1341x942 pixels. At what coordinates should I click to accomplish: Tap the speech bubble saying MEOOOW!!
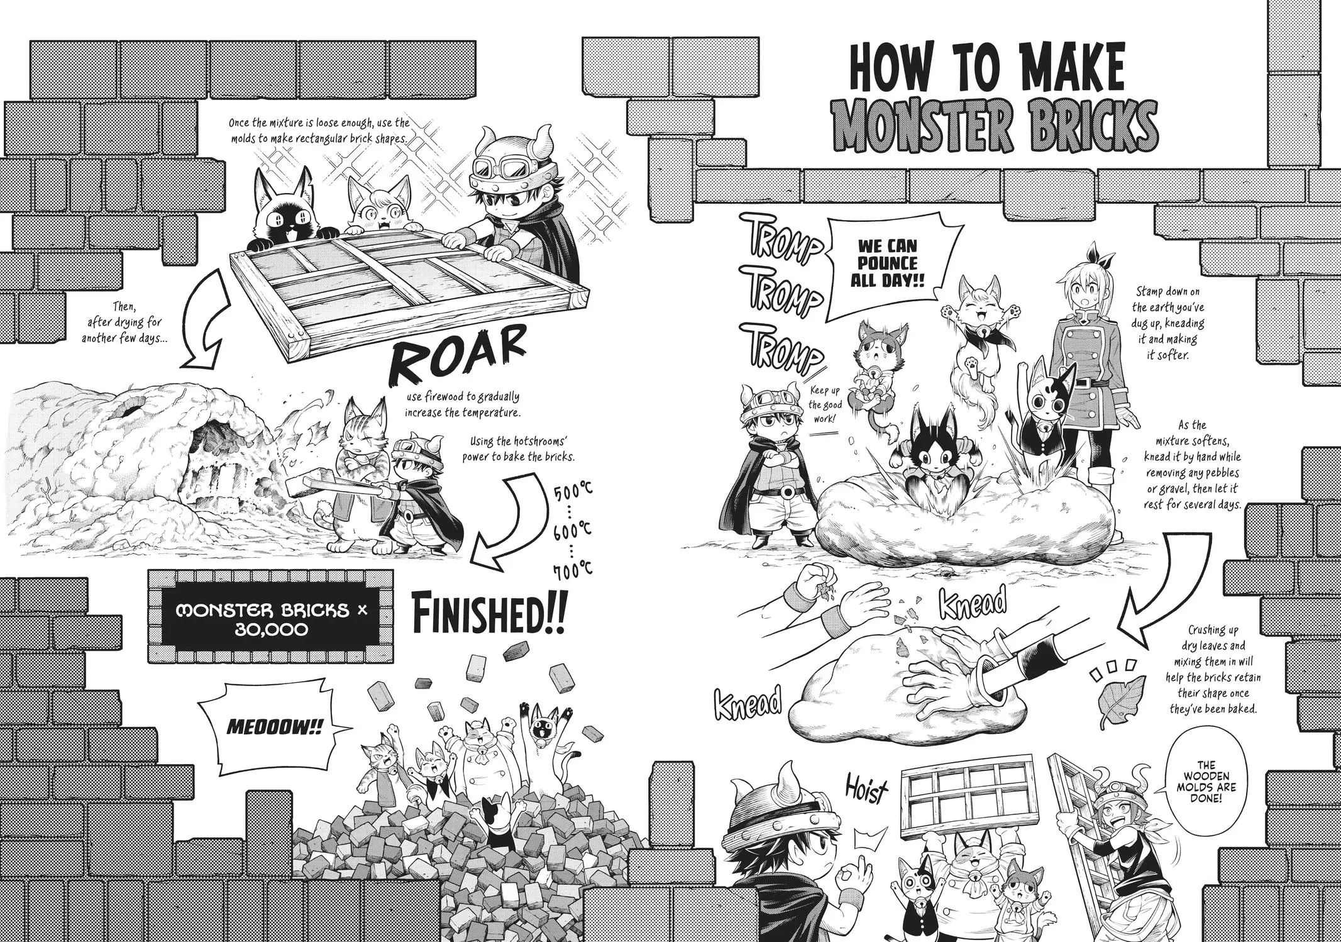[x=275, y=728]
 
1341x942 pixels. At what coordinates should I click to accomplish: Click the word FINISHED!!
[x=489, y=612]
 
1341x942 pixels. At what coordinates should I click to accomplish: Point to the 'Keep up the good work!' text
[x=824, y=403]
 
